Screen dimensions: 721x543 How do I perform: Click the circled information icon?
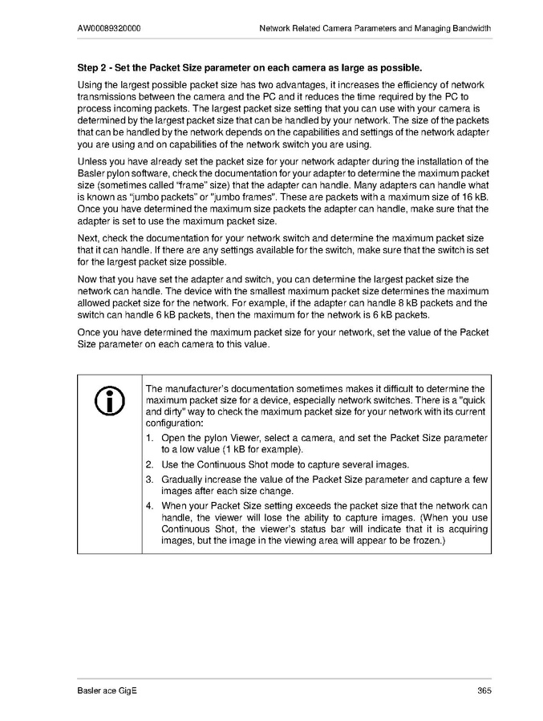click(x=108, y=399)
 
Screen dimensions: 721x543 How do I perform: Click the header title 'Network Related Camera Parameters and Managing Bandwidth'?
click(x=375, y=28)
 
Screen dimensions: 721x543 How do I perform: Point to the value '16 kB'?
click(x=474, y=195)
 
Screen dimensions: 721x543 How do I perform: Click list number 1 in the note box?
click(x=149, y=438)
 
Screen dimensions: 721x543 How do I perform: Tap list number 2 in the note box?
click(x=149, y=464)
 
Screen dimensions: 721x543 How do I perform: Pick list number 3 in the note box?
click(x=149, y=479)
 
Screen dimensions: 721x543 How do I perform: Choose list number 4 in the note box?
click(x=149, y=505)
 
